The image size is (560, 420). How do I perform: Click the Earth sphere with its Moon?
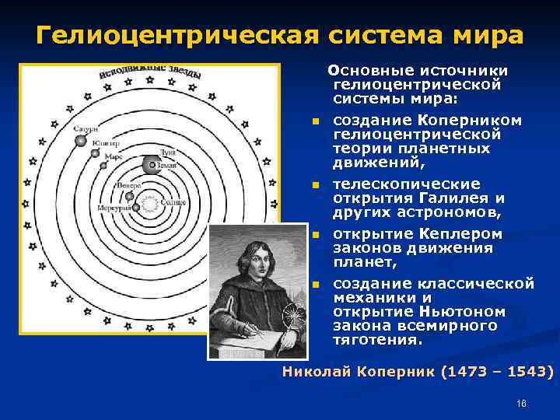[x=150, y=164]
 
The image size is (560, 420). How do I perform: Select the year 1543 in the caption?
[x=527, y=372]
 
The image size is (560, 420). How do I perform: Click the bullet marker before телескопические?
[x=315, y=185]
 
